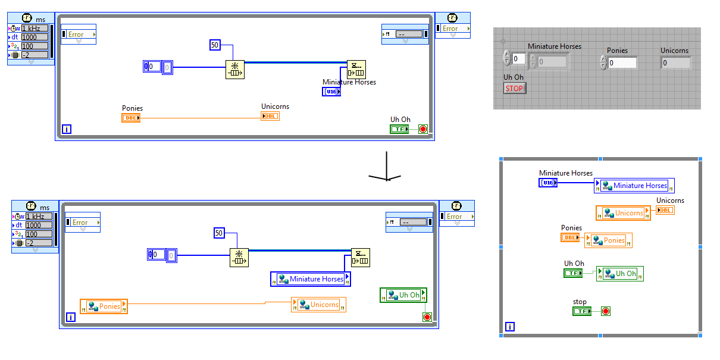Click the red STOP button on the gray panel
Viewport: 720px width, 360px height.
point(515,88)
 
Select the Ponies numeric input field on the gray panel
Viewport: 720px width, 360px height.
point(622,62)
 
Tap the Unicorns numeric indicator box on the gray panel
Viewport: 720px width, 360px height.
point(675,62)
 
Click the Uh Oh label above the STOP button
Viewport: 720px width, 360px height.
point(514,77)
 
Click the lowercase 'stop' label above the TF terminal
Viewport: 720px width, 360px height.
point(580,302)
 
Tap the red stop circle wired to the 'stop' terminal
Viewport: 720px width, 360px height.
point(605,311)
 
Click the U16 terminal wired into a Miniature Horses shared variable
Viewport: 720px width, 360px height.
point(548,183)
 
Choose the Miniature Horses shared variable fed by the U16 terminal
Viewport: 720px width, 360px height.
point(634,186)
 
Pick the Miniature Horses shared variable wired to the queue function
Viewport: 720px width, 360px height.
point(311,279)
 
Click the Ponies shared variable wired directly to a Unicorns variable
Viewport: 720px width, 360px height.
point(104,306)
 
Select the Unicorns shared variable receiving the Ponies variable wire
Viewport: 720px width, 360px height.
point(318,305)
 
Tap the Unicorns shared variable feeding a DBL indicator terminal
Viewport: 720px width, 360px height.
point(623,213)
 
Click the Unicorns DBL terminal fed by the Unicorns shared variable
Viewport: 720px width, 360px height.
point(665,210)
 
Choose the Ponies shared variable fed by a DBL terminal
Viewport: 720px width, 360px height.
point(608,240)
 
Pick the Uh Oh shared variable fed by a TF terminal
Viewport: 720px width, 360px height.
point(619,274)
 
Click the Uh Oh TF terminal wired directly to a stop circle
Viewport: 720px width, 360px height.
point(399,129)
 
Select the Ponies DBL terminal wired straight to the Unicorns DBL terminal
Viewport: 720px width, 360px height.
point(131,118)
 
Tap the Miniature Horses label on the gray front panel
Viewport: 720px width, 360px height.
point(555,46)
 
